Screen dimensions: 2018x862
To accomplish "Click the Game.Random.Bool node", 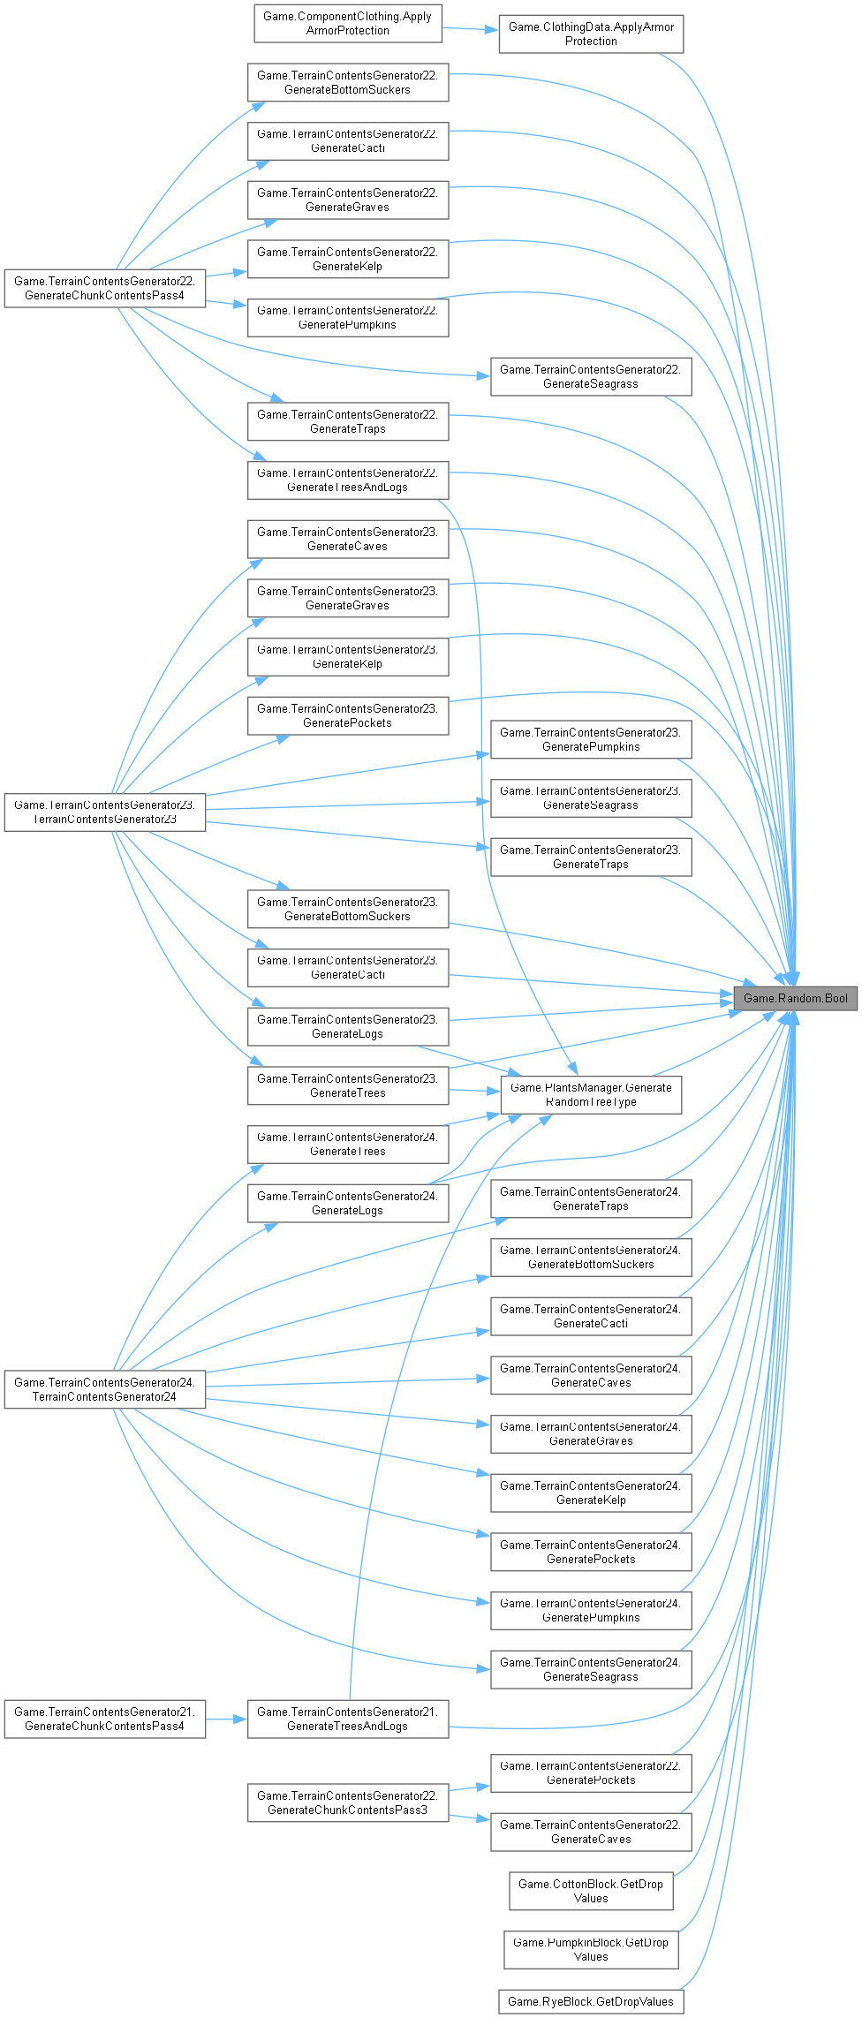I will click(x=795, y=998).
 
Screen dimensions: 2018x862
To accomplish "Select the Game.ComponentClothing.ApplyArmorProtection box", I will click(x=347, y=23).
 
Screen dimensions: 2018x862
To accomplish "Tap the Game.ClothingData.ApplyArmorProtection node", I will click(x=591, y=34).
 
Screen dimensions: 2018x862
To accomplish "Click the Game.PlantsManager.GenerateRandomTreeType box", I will click(x=591, y=1094).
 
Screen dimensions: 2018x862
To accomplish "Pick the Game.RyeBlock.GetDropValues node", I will click(x=591, y=2001).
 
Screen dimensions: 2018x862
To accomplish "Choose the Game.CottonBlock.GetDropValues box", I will click(x=591, y=1891).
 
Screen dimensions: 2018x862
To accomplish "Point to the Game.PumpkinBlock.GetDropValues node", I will click(x=591, y=1949).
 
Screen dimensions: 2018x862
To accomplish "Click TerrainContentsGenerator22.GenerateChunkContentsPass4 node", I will click(x=104, y=288).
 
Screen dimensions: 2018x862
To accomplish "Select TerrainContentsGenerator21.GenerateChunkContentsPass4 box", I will click(x=104, y=1719).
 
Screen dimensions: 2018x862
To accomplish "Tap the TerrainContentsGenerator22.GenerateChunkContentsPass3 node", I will click(x=347, y=1803).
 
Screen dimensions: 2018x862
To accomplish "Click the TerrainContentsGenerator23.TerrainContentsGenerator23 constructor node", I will click(x=104, y=812).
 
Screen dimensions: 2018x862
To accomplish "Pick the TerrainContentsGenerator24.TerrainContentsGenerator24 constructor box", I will click(x=104, y=1389).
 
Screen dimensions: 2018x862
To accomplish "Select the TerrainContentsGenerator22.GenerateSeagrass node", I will click(x=591, y=376).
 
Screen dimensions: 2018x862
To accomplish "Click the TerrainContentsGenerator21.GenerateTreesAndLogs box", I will click(x=347, y=1719).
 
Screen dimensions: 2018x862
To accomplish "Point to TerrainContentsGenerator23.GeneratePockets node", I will click(x=347, y=715).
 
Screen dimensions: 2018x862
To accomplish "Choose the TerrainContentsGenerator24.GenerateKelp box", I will click(x=591, y=1493).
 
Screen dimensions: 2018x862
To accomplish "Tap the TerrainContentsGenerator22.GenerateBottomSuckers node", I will click(x=347, y=82).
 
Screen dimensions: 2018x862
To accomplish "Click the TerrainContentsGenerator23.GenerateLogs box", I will click(x=347, y=1026).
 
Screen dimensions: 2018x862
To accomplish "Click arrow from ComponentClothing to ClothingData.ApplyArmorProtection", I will click(x=470, y=29).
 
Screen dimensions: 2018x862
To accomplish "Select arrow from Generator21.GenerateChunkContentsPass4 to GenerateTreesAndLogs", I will click(x=226, y=1719).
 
